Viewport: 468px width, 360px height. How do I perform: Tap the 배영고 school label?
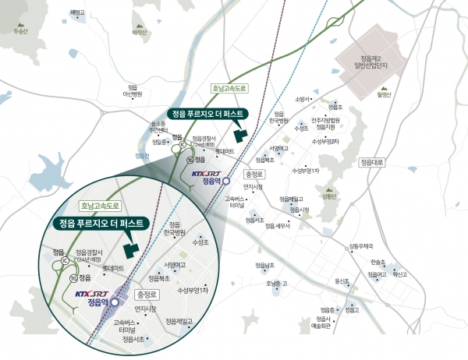coord(76,13)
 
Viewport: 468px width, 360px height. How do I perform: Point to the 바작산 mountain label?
coord(140,34)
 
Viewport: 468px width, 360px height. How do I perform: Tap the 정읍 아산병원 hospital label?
coord(132,91)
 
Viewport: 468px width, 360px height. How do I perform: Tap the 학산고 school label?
coord(400,274)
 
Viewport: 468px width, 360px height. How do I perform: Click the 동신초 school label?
coord(342,281)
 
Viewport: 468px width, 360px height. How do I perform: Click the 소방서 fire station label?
coord(303,99)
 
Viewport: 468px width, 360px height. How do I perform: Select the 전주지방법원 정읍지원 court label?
coord(325,123)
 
